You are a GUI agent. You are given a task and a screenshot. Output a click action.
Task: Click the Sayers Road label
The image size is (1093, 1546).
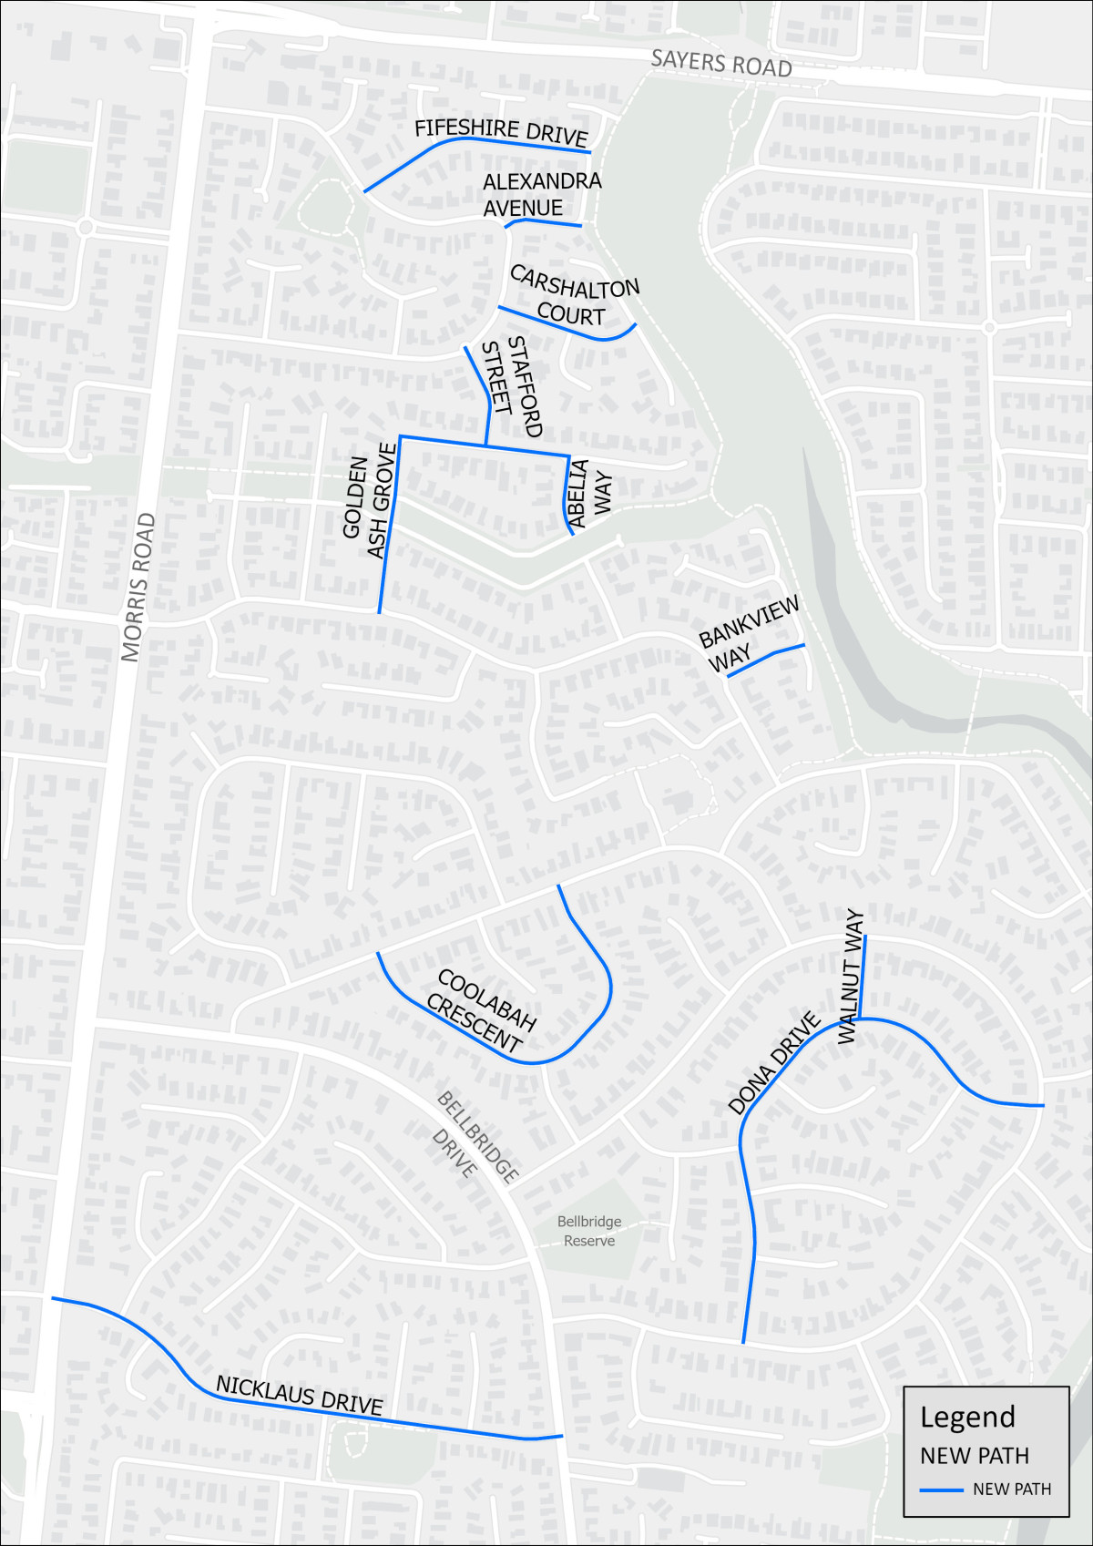[720, 63]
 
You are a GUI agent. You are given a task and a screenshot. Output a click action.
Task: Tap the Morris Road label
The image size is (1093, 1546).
[138, 587]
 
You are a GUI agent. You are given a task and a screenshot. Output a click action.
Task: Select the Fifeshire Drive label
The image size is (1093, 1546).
[501, 132]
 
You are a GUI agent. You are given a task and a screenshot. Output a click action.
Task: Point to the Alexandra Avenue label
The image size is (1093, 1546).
[541, 195]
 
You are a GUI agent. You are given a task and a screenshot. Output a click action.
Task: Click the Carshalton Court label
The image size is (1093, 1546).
[574, 296]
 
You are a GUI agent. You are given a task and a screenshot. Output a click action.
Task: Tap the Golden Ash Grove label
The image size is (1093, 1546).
[370, 500]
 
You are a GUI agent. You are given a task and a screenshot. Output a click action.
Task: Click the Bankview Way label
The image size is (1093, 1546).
[748, 634]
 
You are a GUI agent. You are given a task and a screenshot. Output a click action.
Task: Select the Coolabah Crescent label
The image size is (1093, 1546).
[481, 1011]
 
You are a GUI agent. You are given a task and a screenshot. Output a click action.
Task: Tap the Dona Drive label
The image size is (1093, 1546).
[774, 1062]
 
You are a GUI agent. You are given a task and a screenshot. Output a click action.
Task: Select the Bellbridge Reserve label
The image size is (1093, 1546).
[589, 1231]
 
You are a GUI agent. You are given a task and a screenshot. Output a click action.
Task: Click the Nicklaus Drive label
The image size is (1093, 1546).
[299, 1395]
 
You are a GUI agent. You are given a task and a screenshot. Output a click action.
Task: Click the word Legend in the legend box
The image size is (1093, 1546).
[966, 1417]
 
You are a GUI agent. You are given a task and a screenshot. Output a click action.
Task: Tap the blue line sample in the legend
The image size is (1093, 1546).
[941, 1490]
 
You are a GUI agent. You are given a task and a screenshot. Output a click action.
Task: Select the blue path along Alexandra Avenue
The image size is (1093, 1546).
[546, 221]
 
